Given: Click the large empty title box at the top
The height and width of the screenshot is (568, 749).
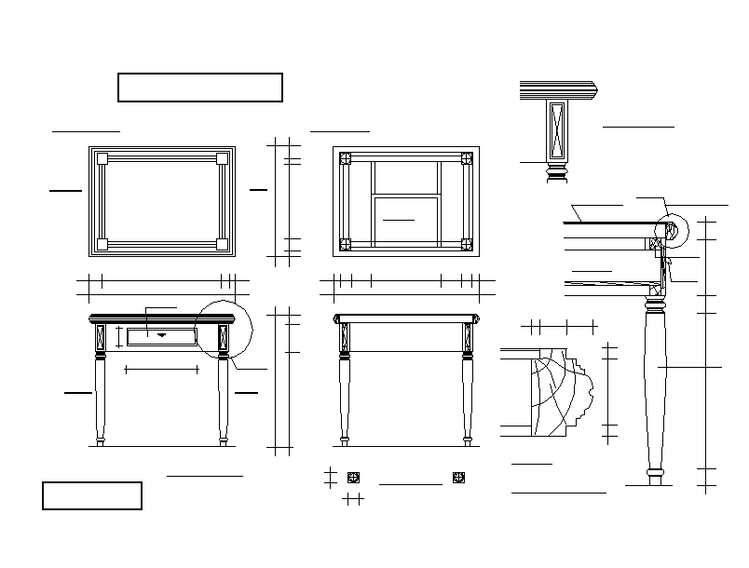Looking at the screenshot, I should pyautogui.click(x=200, y=88).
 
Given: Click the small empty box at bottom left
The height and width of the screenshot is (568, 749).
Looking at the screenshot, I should pyautogui.click(x=92, y=495).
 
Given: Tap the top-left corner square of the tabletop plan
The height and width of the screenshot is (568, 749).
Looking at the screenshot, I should pyautogui.click(x=102, y=158).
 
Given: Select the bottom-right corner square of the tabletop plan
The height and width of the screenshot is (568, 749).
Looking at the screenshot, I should pyautogui.click(x=223, y=245).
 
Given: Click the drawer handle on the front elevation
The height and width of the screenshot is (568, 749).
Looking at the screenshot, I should pyautogui.click(x=161, y=333).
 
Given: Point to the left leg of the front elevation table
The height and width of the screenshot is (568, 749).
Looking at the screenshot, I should pyautogui.click(x=100, y=400).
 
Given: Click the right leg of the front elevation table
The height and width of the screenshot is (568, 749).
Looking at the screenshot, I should pyautogui.click(x=224, y=400).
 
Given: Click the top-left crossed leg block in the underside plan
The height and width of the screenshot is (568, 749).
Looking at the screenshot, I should pyautogui.click(x=345, y=158).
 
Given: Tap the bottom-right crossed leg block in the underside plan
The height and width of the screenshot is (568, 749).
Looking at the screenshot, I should pyautogui.click(x=467, y=245).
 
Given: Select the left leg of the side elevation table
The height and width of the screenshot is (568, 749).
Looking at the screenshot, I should pyautogui.click(x=345, y=400).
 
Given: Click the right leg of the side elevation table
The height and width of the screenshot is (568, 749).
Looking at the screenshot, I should pyautogui.click(x=467, y=400).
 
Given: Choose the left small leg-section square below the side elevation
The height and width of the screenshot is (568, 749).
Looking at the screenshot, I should pyautogui.click(x=353, y=478).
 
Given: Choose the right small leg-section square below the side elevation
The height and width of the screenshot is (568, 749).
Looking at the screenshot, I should pyautogui.click(x=458, y=478).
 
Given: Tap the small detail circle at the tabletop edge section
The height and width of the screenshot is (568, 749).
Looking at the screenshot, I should pyautogui.click(x=672, y=232).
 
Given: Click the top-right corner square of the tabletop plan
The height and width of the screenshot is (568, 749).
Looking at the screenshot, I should pyautogui.click(x=223, y=158).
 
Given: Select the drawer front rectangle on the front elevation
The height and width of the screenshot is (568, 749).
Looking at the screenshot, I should pyautogui.click(x=161, y=336).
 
